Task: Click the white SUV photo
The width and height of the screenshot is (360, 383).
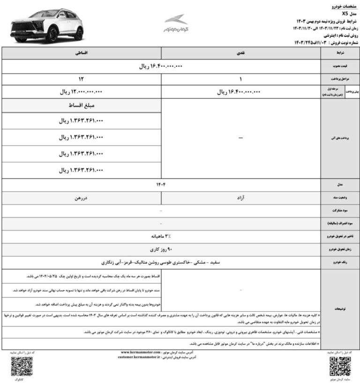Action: pyautogui.click(x=46, y=25)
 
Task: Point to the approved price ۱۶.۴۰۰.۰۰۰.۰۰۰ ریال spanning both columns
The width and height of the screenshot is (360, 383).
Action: pyautogui.click(x=160, y=66)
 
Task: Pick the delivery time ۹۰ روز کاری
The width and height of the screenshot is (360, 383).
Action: pyautogui.click(x=160, y=250)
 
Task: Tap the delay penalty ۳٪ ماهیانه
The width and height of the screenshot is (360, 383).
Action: pyautogui.click(x=160, y=237)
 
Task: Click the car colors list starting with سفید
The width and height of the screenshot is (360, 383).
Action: pyautogui.click(x=160, y=263)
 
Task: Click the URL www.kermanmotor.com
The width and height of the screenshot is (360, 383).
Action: pyautogui.click(x=142, y=352)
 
